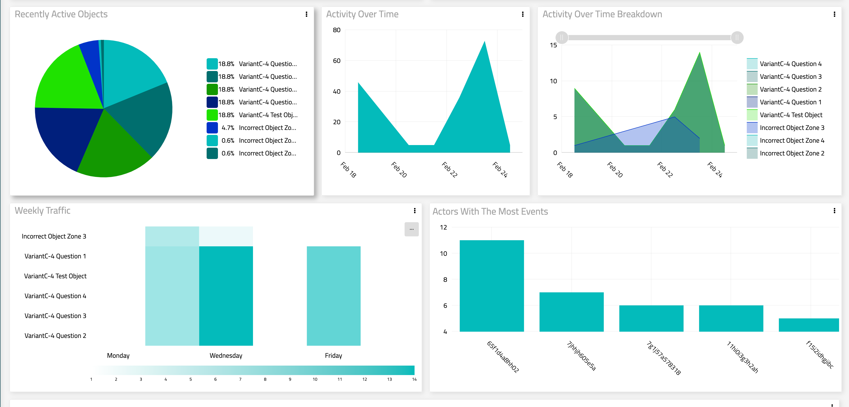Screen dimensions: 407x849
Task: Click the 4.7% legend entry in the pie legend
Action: point(252,128)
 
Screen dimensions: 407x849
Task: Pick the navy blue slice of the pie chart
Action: point(63,135)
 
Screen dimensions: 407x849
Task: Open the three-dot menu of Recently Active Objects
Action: point(306,14)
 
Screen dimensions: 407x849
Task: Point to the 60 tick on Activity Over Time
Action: point(337,61)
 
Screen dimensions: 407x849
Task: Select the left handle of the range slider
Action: point(562,38)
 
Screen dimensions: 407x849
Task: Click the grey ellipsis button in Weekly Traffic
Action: point(411,229)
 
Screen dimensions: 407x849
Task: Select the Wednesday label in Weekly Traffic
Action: point(226,356)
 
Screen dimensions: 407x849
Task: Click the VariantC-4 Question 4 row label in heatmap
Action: point(55,296)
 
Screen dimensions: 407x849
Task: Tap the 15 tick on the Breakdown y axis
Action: point(553,45)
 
